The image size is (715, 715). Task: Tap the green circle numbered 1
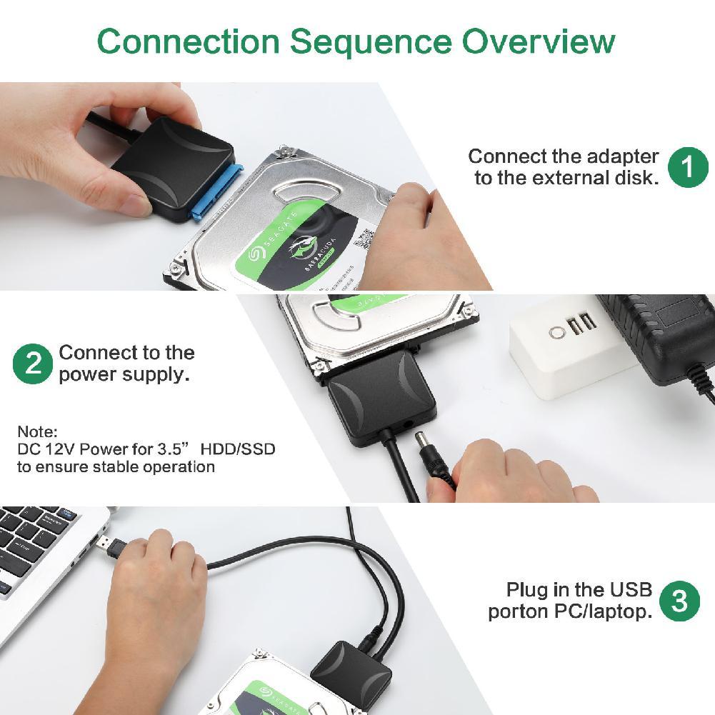coord(688,167)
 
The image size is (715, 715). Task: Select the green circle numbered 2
coord(33,364)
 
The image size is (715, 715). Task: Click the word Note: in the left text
coord(37,432)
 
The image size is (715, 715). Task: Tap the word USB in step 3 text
coord(631,590)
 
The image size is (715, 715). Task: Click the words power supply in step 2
coord(124,374)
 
